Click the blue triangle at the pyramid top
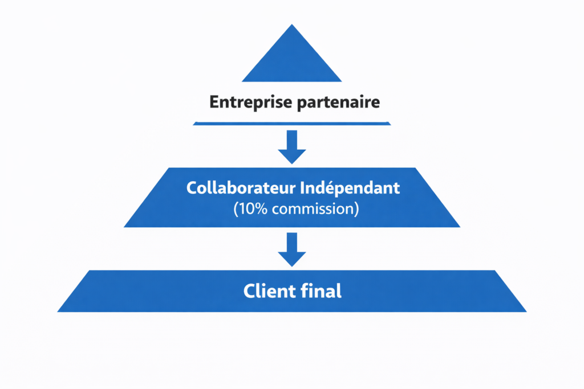[292, 60]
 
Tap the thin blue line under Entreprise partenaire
[292, 122]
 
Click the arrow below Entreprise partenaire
[292, 146]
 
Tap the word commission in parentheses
[313, 208]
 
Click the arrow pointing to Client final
[292, 249]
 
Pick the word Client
[264, 291]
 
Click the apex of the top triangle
[292, 26]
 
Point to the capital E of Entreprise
[214, 103]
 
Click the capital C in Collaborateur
[191, 189]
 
